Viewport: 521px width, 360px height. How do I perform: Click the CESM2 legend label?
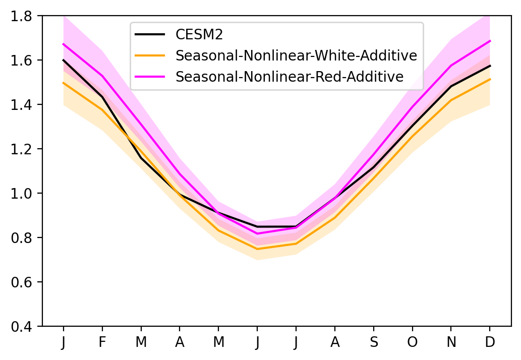coord(199,34)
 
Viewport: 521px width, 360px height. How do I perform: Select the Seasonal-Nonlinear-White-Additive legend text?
coord(296,55)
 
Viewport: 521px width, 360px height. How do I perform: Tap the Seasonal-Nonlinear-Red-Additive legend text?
coord(290,77)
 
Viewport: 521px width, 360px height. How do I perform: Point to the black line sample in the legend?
coord(150,34)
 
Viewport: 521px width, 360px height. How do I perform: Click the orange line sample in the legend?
coord(150,55)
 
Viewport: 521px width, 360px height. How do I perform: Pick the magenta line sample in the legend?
coord(150,77)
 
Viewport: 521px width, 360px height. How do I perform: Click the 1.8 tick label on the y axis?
coord(21,16)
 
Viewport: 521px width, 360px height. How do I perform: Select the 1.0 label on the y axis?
coord(21,193)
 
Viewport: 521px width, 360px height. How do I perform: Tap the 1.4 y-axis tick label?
coord(21,104)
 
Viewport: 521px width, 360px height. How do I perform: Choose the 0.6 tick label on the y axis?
coord(21,282)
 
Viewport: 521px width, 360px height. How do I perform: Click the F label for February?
coord(102,341)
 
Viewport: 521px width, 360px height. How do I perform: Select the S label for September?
coord(374,341)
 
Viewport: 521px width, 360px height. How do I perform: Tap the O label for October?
coord(413,341)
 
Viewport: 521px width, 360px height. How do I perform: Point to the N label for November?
coord(451,341)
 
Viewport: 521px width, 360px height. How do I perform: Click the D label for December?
coord(490,341)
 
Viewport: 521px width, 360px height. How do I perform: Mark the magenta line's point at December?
coord(490,41)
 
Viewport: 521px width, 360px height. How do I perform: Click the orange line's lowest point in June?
coord(257,249)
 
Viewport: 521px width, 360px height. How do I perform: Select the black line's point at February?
coord(102,97)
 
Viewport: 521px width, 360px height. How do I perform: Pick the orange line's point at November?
coord(451,100)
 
